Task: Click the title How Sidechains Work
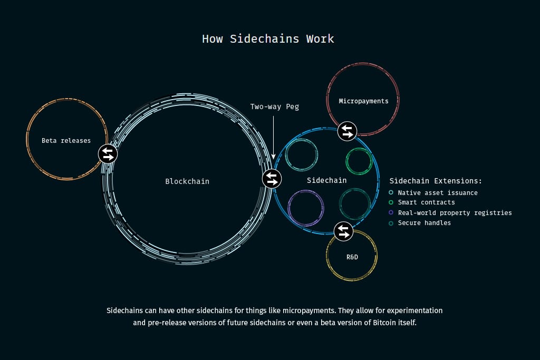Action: pos(268,38)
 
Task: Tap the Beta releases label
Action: pos(66,140)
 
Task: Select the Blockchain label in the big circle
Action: pos(187,181)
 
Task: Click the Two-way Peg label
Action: pos(274,106)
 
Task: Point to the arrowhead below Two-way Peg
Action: pos(274,157)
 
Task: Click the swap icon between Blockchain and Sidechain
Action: pos(272,179)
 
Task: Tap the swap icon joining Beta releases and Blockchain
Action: pos(108,154)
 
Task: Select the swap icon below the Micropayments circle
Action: pos(347,131)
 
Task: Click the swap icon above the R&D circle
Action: pos(344,231)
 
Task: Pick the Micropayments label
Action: pos(364,101)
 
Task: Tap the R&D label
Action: pos(352,257)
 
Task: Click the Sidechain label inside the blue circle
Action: pos(327,180)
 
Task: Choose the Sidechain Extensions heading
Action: pos(436,181)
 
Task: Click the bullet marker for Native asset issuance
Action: pos(391,192)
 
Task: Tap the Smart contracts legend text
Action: pos(426,202)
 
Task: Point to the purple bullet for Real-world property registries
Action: pos(391,212)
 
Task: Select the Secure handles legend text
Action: pos(425,222)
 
